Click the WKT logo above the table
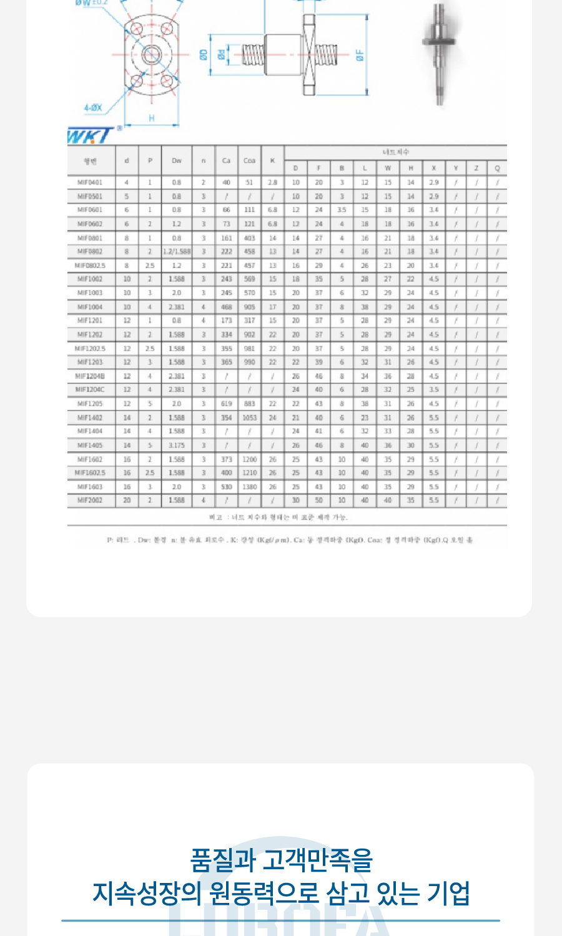[x=91, y=135]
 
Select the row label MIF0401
[x=90, y=183]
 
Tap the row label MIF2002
[x=90, y=500]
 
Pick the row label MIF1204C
[x=90, y=390]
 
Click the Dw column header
[x=177, y=161]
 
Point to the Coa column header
[x=249, y=161]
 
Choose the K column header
[x=272, y=161]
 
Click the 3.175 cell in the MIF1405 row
[x=177, y=446]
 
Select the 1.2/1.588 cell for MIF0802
[x=177, y=251]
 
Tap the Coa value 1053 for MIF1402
[x=249, y=418]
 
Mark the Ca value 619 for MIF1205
[x=226, y=404]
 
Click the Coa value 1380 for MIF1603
[x=249, y=487]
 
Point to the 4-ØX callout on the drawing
[x=93, y=108]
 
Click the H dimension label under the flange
[x=152, y=118]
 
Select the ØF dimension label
[x=360, y=56]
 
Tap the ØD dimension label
[x=204, y=55]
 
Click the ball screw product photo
[x=441, y=53]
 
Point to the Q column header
[x=497, y=168]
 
